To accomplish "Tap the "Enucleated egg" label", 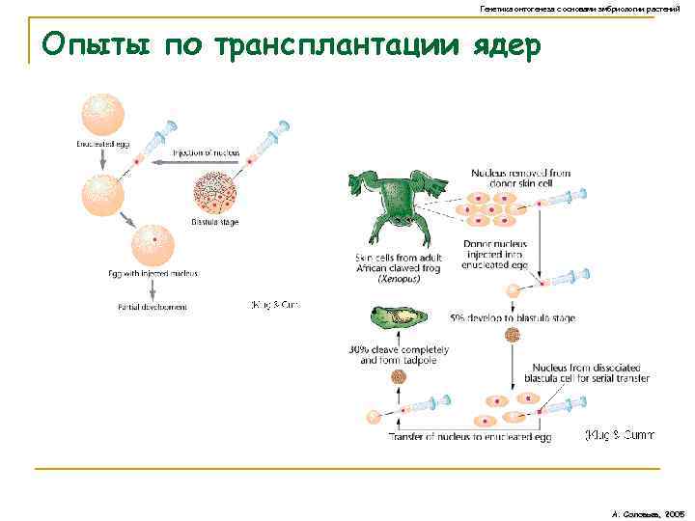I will coord(102,144).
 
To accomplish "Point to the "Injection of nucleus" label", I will coord(207,152).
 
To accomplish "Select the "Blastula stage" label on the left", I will coord(214,222).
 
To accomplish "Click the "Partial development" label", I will coord(153,307).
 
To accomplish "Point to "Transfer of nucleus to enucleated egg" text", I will coord(469,437).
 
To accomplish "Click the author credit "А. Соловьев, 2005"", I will coord(648,504).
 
